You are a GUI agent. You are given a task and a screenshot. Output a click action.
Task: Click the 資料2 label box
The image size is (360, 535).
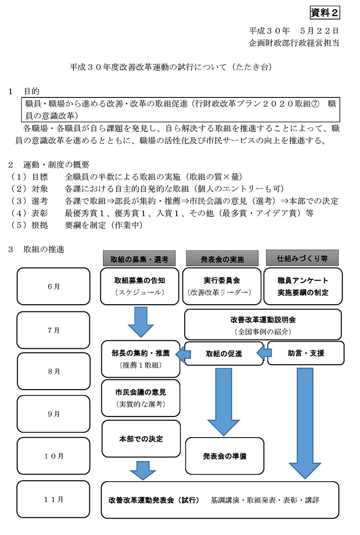[x=324, y=12]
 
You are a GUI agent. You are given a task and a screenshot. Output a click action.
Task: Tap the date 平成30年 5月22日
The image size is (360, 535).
[x=294, y=31]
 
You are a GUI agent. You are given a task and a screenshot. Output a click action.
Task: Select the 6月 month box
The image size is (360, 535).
[x=54, y=286]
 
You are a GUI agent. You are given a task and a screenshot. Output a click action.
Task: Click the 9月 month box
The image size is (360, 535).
[x=54, y=414]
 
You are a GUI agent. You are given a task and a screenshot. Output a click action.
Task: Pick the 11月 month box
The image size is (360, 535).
[x=53, y=499]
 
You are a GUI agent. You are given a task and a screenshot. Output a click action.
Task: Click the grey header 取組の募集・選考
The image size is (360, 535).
[x=139, y=259]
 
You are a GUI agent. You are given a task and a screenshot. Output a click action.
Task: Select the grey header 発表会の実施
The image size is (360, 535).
[x=222, y=259]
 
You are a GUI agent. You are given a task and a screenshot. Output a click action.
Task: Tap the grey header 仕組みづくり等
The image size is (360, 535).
[x=302, y=258]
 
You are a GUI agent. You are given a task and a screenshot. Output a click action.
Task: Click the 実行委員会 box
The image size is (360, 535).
[x=222, y=286]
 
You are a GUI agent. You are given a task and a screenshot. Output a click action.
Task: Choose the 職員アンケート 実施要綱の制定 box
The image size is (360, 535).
[x=303, y=286]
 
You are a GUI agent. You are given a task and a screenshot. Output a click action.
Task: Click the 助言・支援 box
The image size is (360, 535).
[x=306, y=353]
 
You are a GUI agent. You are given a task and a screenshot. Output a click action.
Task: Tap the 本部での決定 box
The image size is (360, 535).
[x=141, y=439]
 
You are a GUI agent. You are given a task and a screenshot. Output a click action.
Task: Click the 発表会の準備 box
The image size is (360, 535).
[x=225, y=456]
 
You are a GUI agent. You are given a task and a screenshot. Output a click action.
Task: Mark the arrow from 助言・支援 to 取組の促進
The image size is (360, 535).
[x=264, y=353]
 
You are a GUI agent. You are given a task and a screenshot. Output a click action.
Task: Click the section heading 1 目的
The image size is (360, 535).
[x=24, y=91]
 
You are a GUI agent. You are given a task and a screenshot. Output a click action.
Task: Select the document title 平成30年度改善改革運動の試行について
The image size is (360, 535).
[x=148, y=67]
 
